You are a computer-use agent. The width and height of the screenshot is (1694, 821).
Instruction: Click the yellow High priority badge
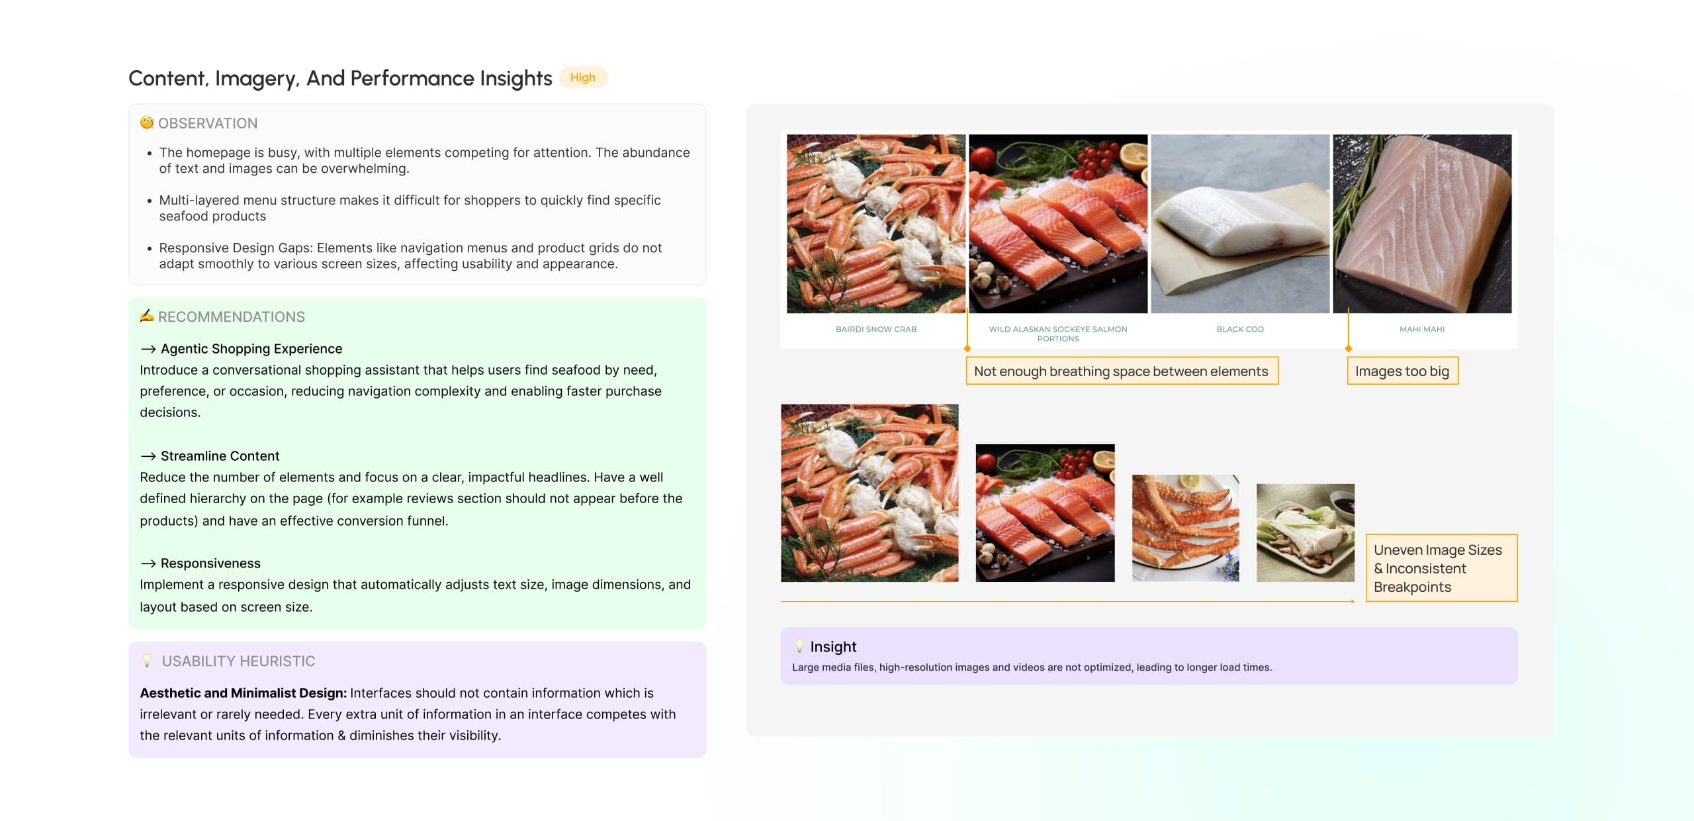click(x=583, y=77)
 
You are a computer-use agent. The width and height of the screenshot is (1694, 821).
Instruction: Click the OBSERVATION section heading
click(x=208, y=123)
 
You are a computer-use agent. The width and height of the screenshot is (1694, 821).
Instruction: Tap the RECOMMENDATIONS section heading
click(x=232, y=316)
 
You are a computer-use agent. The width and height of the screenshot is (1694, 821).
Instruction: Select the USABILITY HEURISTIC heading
click(x=238, y=661)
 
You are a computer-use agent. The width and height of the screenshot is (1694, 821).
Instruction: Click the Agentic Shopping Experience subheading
click(x=251, y=349)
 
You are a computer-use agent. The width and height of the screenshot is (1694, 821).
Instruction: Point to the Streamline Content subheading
click(x=220, y=456)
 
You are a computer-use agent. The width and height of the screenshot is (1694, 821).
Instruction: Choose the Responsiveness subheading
click(x=210, y=563)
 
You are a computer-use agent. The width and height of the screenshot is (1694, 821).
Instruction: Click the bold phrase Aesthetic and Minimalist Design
click(x=243, y=693)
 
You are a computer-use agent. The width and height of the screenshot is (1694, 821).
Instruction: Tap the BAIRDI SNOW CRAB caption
click(x=876, y=329)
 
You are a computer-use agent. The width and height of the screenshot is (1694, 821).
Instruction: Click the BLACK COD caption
click(x=1240, y=329)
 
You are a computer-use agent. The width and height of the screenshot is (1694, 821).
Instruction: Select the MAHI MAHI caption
click(x=1422, y=329)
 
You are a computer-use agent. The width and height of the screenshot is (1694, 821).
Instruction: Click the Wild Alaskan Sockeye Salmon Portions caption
click(x=1058, y=334)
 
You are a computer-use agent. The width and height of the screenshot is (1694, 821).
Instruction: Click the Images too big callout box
click(x=1403, y=371)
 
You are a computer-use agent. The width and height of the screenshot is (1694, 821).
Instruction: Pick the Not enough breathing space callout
click(x=1122, y=371)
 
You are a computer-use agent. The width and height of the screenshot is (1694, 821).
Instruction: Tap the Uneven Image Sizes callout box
click(x=1442, y=568)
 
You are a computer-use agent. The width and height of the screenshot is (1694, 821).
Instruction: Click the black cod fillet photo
click(x=1240, y=224)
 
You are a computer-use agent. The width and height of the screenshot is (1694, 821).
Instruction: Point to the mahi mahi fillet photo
click(x=1422, y=224)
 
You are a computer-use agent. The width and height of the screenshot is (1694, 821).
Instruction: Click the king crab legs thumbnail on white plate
click(x=1186, y=528)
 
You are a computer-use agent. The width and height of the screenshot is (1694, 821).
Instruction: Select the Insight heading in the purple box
click(x=833, y=647)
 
